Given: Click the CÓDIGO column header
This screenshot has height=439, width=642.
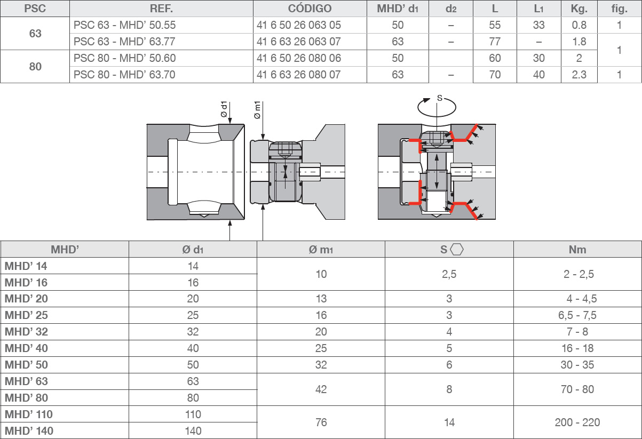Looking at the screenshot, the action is pos(310,9).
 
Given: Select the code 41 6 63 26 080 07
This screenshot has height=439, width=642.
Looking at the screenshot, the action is pos(298,75).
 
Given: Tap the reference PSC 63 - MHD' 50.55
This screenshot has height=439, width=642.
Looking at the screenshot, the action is pos(124,25).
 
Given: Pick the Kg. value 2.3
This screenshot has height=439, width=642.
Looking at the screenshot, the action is pos(579,75).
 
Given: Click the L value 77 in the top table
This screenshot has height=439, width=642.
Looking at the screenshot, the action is pos(495,42).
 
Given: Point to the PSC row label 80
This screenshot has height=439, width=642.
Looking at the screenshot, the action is pos(35,67).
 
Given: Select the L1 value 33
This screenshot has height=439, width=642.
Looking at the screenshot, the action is pos(538,25).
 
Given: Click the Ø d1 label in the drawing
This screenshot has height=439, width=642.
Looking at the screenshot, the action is pos(224,109).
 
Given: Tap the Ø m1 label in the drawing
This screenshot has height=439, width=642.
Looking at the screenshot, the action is pos(257,110).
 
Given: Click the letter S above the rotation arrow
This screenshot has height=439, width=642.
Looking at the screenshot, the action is pos(440,98).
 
